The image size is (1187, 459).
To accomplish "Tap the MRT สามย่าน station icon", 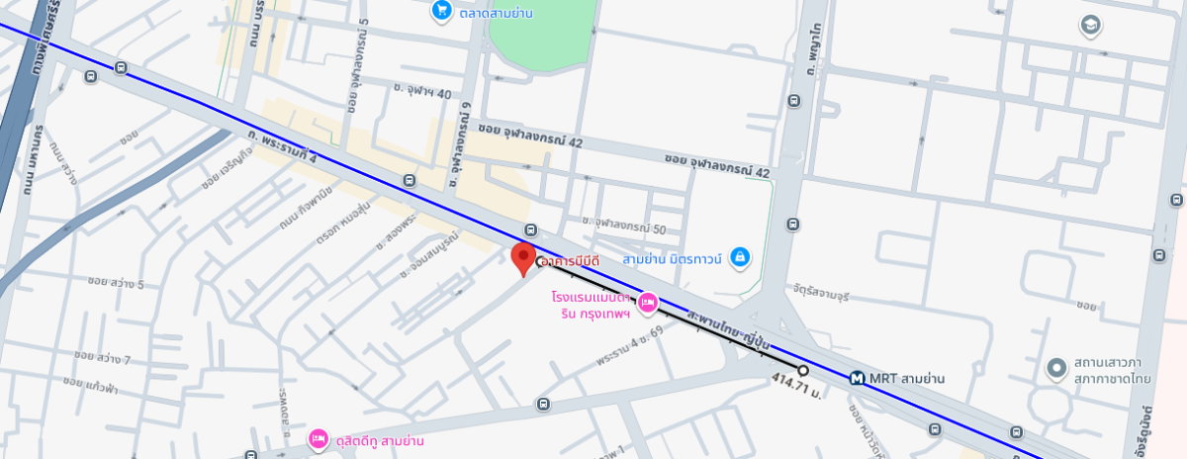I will [859, 378].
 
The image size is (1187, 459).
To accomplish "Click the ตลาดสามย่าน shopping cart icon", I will [441, 11].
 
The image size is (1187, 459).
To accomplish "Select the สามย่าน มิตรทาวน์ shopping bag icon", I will [738, 259].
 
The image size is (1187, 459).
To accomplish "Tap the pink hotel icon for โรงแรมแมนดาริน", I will [647, 303].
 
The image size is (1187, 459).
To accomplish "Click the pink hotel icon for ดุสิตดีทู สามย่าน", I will [318, 438].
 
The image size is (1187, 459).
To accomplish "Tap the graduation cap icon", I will [1091, 25].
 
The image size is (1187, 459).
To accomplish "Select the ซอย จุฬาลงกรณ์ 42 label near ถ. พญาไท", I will [717, 166].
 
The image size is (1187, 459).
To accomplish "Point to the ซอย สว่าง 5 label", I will [116, 285].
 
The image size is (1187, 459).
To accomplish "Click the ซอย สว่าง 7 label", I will [102, 357].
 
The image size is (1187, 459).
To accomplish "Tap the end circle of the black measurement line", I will [803, 371].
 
